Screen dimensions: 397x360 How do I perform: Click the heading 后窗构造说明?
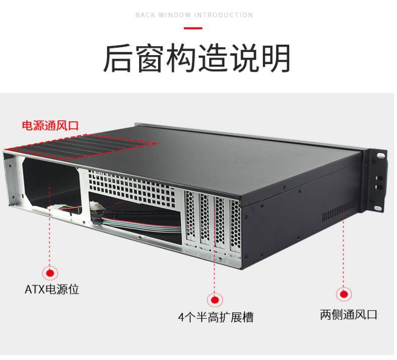click(x=197, y=59)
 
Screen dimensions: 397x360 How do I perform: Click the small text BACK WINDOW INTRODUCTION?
click(x=194, y=15)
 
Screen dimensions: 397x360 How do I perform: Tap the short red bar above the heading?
click(x=194, y=28)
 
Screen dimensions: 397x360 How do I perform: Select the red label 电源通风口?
click(x=50, y=125)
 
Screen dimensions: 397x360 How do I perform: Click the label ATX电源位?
click(x=52, y=290)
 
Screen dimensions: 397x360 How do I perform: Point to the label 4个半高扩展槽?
click(x=215, y=317)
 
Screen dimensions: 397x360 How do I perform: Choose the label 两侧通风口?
click(x=348, y=315)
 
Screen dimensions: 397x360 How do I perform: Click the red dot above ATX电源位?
click(x=50, y=273)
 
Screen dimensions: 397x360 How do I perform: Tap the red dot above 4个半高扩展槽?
click(x=215, y=300)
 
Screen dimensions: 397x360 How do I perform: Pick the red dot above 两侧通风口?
click(x=344, y=294)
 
